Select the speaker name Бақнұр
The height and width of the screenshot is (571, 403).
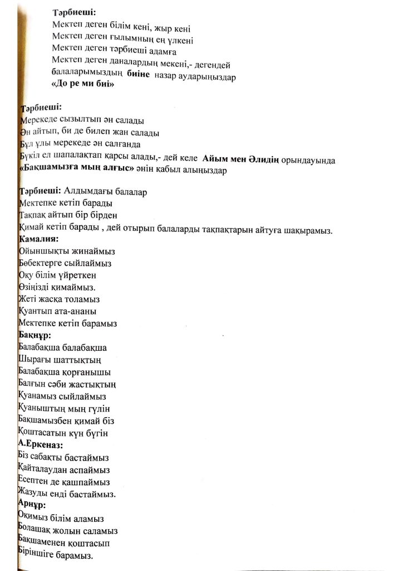(x=35, y=336)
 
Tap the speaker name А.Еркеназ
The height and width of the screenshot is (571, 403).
(x=40, y=445)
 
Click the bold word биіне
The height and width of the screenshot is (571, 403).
(x=139, y=75)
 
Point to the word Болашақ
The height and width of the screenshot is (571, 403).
(x=37, y=531)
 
